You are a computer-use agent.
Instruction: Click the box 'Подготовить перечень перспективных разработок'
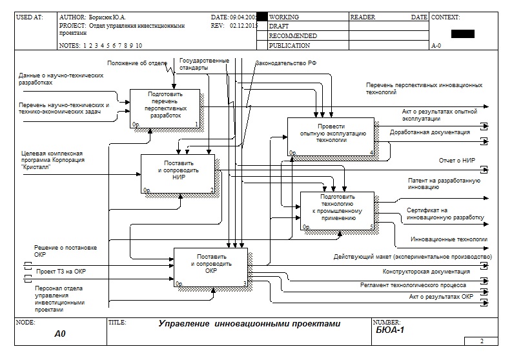[x=165, y=107]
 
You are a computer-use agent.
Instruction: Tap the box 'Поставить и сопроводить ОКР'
[x=210, y=266]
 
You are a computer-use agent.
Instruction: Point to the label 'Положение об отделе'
[x=137, y=63]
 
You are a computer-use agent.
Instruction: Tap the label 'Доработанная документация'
[x=429, y=132]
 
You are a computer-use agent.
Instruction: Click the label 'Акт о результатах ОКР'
[x=441, y=296]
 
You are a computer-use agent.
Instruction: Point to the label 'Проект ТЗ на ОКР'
[x=61, y=272]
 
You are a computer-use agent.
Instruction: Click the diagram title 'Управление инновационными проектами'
[x=249, y=324]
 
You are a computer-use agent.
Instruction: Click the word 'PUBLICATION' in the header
[x=289, y=46]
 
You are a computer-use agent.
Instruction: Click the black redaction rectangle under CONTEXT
[x=463, y=34]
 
